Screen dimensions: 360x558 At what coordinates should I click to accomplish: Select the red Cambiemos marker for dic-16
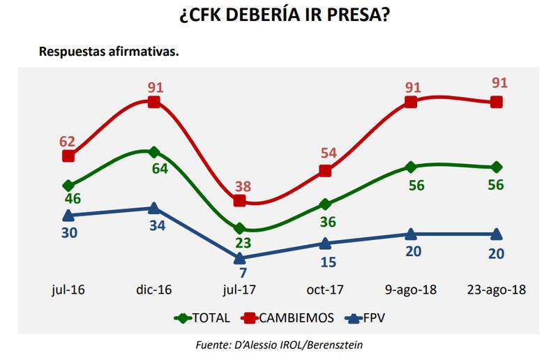pos(154,102)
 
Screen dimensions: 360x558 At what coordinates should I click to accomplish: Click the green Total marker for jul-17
pos(239,229)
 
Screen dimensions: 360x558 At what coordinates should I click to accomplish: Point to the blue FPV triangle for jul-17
pos(239,257)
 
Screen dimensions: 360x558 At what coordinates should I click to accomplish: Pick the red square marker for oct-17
pos(325,171)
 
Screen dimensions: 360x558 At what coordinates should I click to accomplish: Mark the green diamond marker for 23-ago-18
pos(496,167)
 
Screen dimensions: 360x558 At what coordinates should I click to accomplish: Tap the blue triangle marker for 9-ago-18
pos(411,234)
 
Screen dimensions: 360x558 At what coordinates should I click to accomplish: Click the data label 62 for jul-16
pos(67,142)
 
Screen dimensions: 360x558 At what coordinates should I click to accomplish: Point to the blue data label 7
pos(244,273)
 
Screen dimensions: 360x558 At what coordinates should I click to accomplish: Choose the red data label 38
pos(243,187)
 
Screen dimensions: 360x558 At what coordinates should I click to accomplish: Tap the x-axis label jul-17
pos(239,290)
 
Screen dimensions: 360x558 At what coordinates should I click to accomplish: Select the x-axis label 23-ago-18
pos(496,290)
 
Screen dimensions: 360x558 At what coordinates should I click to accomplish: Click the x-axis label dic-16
pos(154,290)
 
